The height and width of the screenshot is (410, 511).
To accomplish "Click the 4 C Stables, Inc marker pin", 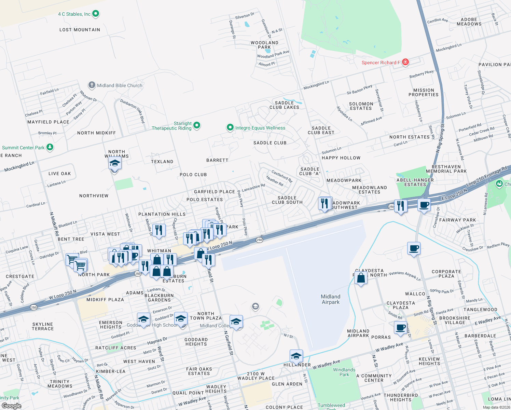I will coord(96,14).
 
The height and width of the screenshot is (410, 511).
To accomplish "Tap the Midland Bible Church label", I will coord(120,85).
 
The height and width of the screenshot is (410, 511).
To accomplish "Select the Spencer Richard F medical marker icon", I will coord(405,62).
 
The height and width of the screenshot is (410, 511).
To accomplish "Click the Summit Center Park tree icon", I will coord(50,147).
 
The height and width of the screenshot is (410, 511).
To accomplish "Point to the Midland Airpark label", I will coord(330,299).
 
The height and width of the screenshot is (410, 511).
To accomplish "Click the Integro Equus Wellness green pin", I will coord(230,128).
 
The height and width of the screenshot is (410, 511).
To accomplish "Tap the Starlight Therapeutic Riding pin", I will coord(197,125).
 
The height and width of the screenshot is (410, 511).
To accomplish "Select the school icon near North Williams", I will coord(115,163).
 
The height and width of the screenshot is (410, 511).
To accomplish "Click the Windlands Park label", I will coord(344,372).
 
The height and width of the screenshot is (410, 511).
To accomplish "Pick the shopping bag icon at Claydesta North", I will coord(361,278).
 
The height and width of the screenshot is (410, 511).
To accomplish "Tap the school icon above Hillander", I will coord(296,356).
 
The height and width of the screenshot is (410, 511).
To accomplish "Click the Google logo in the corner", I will coord(11,406).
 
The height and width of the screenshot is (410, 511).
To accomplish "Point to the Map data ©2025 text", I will coord(496,407).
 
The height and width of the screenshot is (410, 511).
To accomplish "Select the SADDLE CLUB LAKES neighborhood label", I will coord(284,105).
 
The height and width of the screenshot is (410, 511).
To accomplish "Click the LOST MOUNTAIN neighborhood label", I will coord(80,30).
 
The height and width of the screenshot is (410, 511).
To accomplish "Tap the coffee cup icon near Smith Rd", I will coord(400,327).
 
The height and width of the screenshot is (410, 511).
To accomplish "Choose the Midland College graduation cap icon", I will coord(236,322).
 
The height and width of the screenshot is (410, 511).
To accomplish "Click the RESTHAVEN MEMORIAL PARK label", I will coord(446,169).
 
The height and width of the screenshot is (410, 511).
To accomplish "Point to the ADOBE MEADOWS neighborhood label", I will coord(469,22).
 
